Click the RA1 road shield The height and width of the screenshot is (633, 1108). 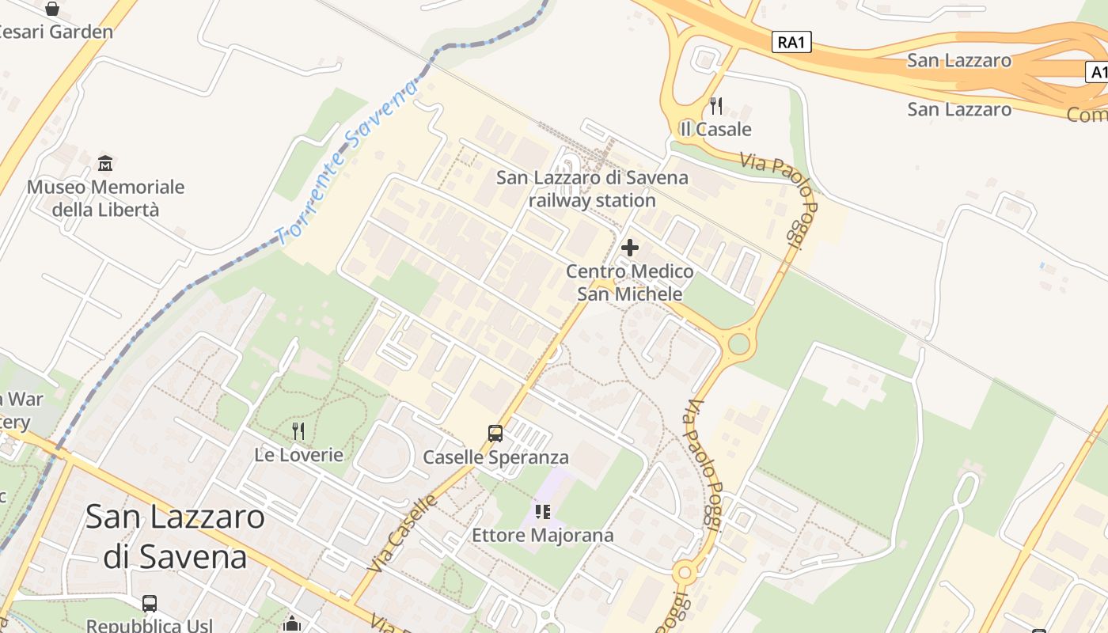coord(791,43)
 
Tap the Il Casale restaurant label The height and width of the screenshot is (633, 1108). coord(715,129)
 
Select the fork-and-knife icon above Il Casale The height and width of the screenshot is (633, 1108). coord(716,105)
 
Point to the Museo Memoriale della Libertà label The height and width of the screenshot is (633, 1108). coord(105,199)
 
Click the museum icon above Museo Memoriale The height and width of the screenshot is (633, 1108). coord(105,164)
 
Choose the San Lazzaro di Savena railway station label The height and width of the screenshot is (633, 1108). coord(592,189)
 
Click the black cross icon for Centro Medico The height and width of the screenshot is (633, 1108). coord(630,248)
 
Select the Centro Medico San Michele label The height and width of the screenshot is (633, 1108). coord(629,283)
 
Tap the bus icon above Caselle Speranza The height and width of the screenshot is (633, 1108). coord(495,434)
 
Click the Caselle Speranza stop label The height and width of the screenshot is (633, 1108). coord(495,457)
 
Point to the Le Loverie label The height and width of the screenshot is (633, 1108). coord(298,455)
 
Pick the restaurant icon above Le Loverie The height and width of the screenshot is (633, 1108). coord(298,431)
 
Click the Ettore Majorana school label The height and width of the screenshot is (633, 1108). coord(542,536)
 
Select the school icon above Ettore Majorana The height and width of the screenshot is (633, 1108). coord(542,512)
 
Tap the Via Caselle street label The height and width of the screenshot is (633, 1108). coord(403,533)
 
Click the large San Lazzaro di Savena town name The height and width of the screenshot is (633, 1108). coord(175,536)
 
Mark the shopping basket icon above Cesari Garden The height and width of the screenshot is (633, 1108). coord(52,9)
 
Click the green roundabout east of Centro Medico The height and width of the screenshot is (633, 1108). coord(738,343)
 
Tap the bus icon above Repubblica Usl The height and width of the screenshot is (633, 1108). coord(150,604)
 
